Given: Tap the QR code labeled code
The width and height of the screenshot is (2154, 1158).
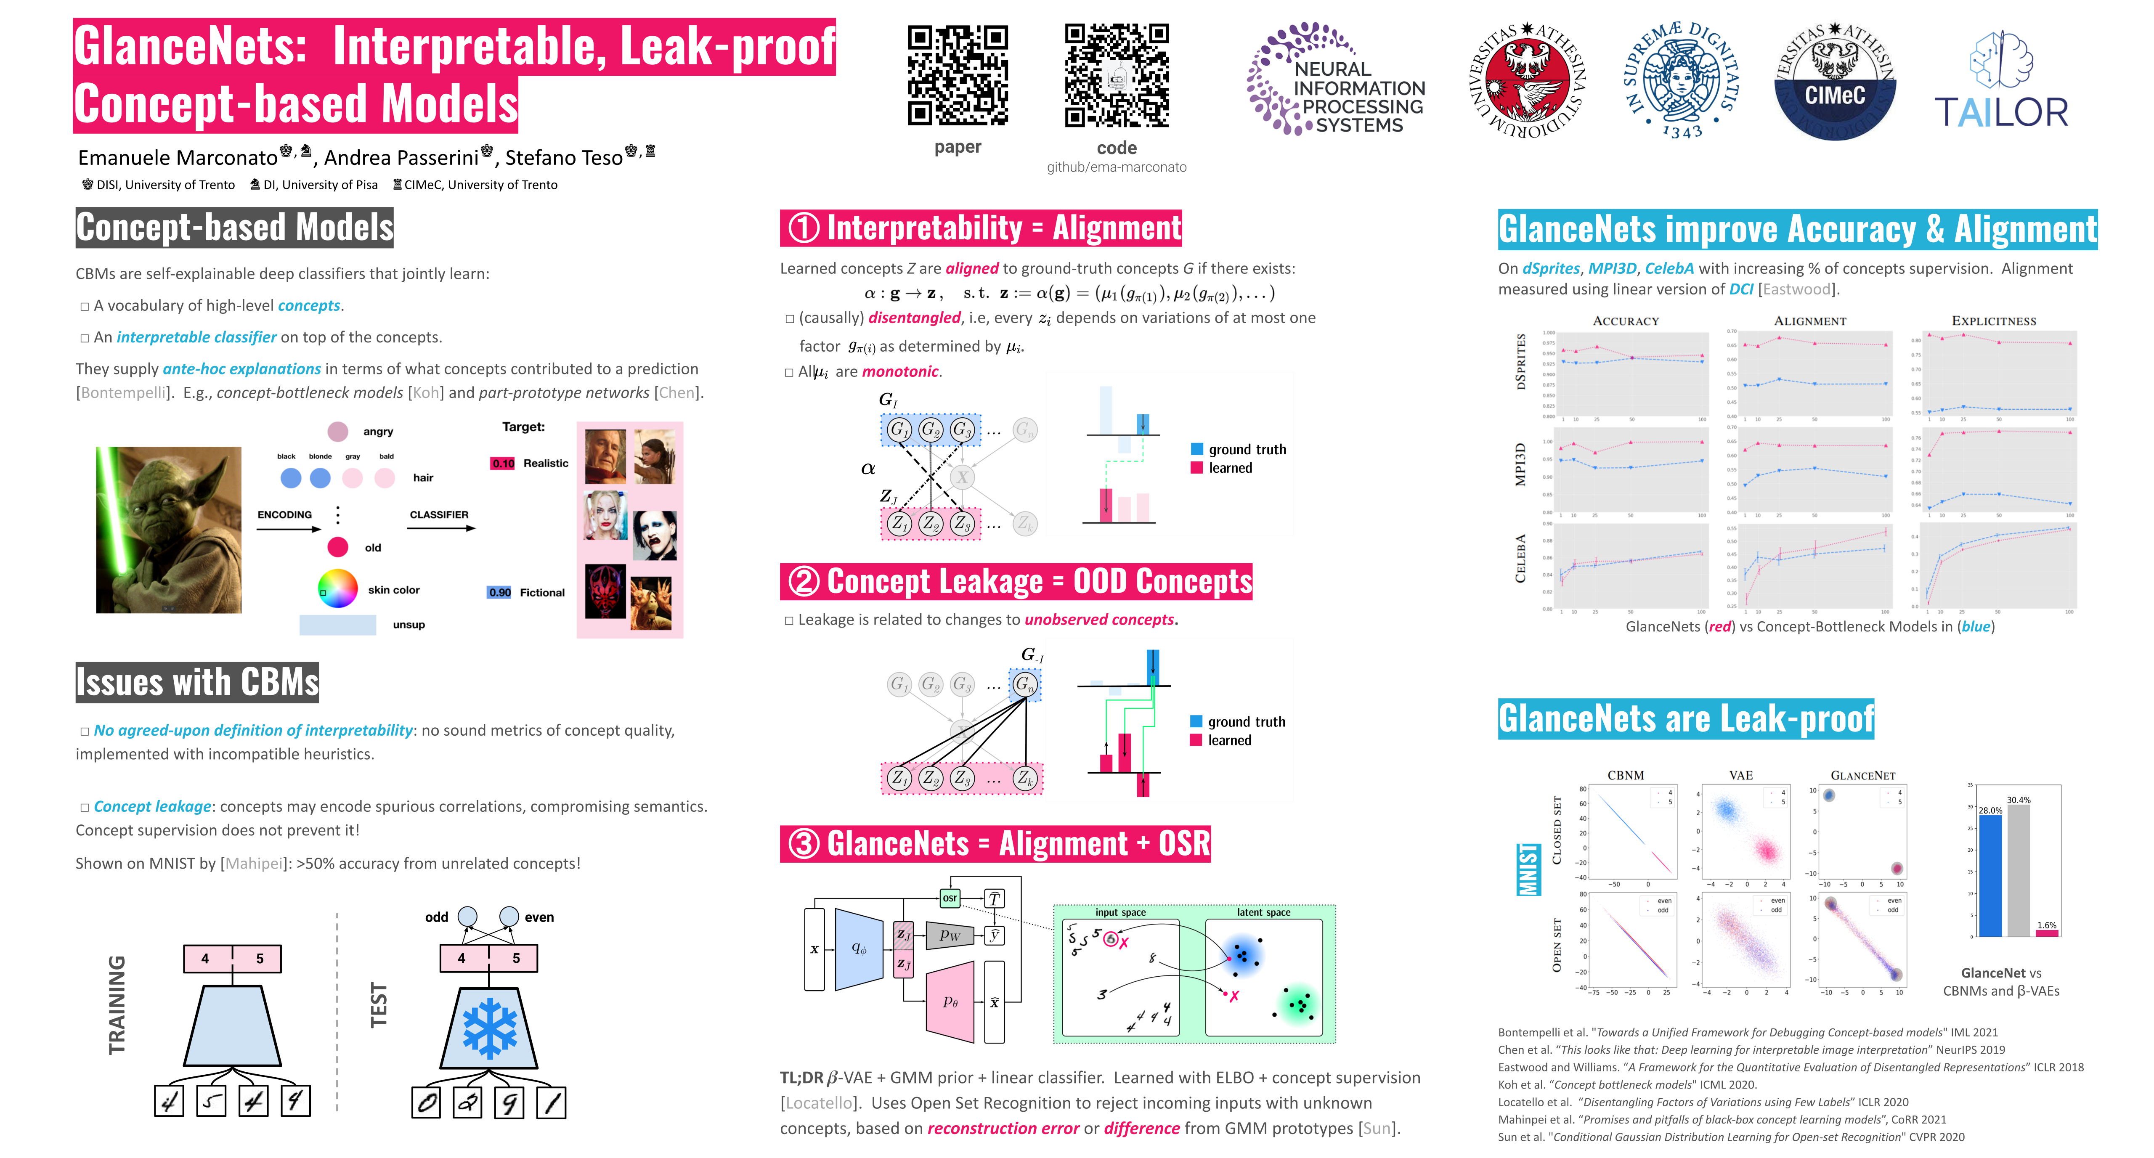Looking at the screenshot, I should (1116, 76).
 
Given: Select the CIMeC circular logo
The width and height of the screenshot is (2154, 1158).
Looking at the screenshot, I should (1835, 82).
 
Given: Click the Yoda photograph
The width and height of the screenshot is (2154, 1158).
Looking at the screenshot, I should (169, 529).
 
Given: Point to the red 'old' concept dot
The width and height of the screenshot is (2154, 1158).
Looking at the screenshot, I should (338, 547).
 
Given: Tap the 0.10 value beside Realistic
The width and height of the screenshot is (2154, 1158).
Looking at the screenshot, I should (503, 463).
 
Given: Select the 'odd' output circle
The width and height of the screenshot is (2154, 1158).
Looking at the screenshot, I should (467, 917).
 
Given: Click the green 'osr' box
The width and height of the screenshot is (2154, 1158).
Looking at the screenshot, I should (950, 898).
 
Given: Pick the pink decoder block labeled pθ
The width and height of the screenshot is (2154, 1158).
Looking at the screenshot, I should (951, 1002).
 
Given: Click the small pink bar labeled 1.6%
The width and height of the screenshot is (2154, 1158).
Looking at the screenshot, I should (2046, 932).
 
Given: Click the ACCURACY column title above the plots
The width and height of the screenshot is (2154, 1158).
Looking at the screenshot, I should (1626, 321).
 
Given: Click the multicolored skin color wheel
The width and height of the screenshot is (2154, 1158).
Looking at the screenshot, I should (338, 588).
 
